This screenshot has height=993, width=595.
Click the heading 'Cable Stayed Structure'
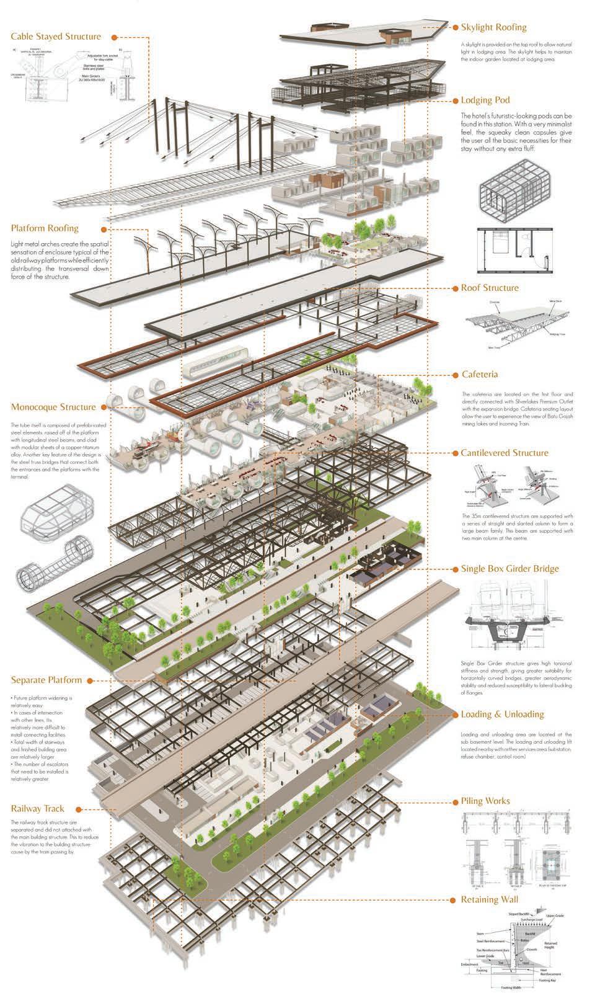click(56, 37)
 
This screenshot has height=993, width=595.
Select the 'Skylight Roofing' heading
click(493, 27)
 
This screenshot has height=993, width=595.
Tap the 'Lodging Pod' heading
click(485, 100)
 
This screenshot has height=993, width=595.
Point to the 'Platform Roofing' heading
click(45, 228)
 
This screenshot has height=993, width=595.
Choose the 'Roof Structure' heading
click(490, 288)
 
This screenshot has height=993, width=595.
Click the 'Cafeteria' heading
click(480, 375)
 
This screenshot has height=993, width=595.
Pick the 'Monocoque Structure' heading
click(53, 407)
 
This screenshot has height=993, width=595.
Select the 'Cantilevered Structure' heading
click(505, 453)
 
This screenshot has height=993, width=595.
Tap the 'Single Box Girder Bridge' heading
click(509, 569)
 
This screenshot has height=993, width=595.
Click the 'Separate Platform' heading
click(46, 680)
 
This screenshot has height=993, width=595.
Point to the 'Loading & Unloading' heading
click(502, 715)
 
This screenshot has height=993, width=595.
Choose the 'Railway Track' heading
click(38, 809)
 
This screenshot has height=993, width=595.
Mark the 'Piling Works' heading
click(485, 801)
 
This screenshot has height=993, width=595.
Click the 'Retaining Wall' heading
click(490, 899)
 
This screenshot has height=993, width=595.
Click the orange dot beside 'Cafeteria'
click(454, 375)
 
